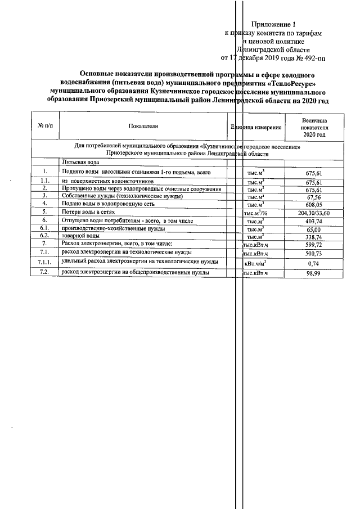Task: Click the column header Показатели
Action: coord(143,127)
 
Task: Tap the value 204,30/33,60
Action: coord(313,213)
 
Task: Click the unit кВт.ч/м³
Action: coord(255,262)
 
